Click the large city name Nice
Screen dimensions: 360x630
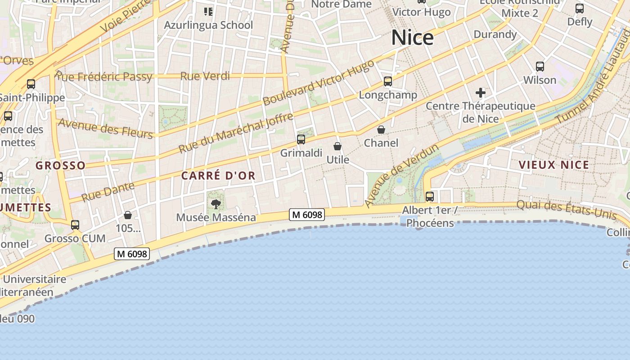point(412,38)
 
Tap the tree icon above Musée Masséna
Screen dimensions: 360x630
point(216,204)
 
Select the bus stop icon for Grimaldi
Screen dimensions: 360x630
point(301,139)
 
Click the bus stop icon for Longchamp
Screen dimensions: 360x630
point(388,81)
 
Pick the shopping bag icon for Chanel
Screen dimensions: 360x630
point(381,130)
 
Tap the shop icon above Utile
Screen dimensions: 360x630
point(337,146)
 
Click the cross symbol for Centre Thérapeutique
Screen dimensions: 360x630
point(481,93)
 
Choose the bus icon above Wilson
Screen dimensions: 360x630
point(540,67)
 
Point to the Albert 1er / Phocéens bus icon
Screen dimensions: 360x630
point(430,197)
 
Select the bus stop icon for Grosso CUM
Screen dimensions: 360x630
point(75,225)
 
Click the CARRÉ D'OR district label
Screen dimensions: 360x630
point(218,176)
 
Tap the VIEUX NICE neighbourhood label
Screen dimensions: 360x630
point(554,165)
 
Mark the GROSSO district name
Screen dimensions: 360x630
point(60,166)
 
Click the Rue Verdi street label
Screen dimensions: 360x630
point(205,76)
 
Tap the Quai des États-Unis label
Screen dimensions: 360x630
point(566,210)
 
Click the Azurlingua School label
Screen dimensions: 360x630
point(208,25)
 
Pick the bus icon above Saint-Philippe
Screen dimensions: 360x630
point(31,84)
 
